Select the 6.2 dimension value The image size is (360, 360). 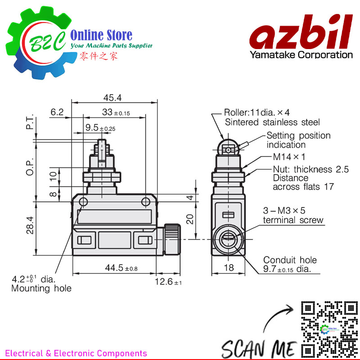pos(58,112)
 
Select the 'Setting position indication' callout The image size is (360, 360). pos(298,140)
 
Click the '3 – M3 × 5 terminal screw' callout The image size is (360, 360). pos(292,215)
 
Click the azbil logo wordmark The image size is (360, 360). pos(301,34)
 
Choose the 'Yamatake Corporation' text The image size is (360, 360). pos(301,55)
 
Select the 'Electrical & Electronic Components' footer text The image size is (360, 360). pos(76,353)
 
